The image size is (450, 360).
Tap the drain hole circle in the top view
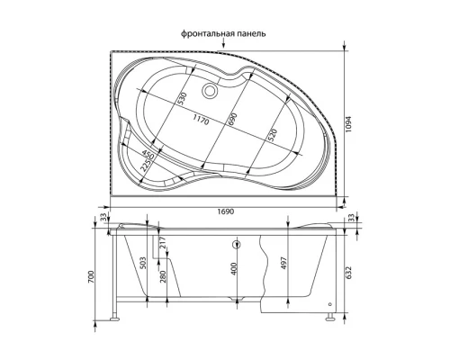coord(212,90)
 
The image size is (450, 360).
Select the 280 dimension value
coord(163,275)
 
